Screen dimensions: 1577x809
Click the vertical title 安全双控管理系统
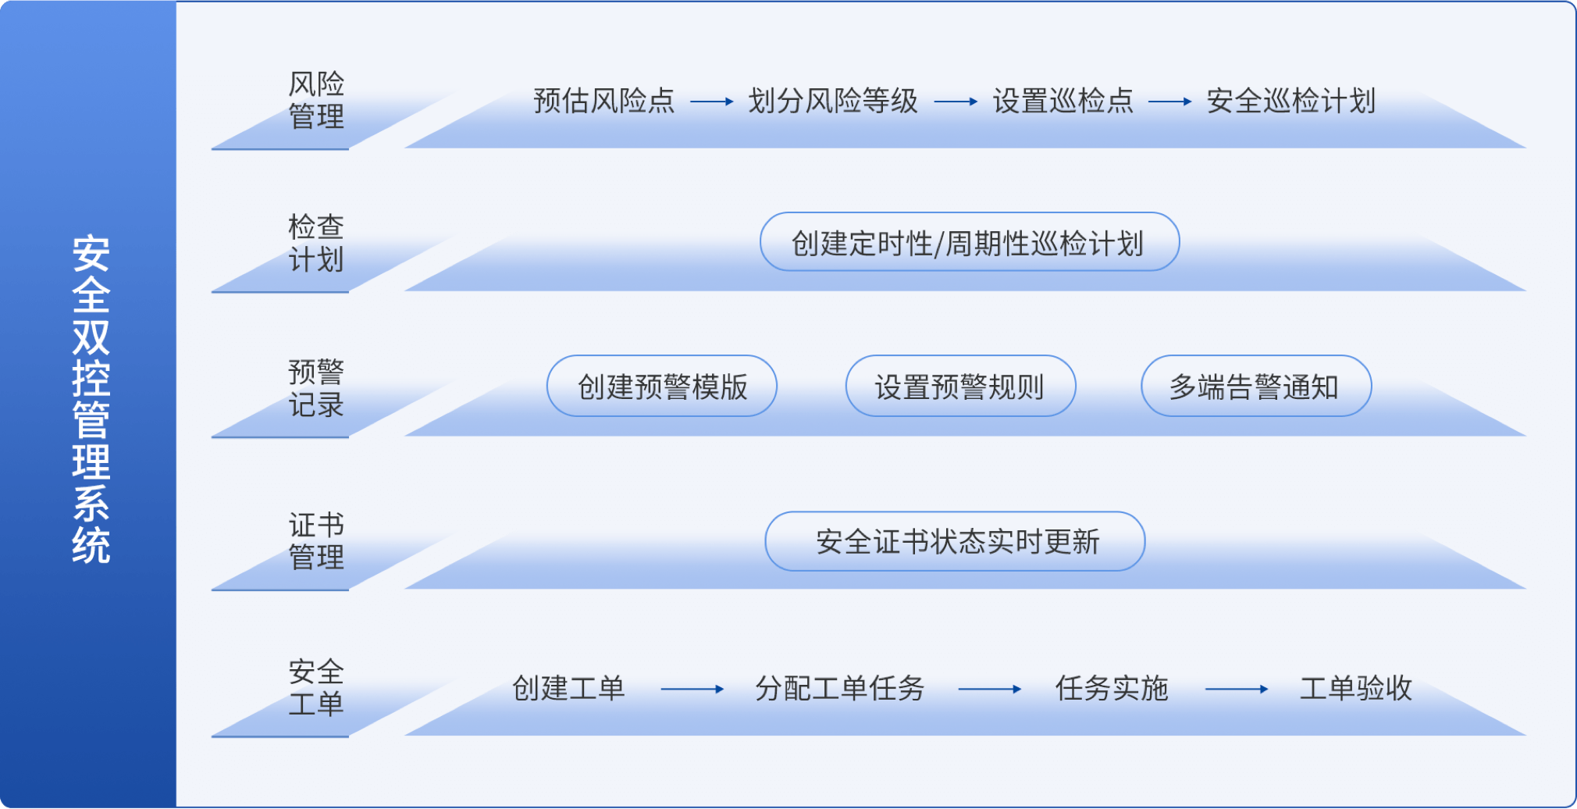point(91,399)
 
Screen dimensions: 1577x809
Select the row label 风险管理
point(316,100)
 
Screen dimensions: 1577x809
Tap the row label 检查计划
point(316,243)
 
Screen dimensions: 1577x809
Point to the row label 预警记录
point(316,388)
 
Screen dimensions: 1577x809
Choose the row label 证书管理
point(316,540)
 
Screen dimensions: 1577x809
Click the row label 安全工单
point(316,687)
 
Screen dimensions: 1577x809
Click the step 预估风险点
point(604,101)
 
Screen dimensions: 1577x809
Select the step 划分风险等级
point(833,101)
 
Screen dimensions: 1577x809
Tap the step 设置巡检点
point(1063,101)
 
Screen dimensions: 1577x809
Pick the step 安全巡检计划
point(1291,101)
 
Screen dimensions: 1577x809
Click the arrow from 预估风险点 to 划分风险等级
point(712,102)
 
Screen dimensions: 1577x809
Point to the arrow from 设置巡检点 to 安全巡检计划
point(1170,102)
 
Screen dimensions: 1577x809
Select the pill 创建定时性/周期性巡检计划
point(970,242)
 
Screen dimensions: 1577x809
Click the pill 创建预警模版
point(662,387)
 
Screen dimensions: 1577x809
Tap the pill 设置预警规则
point(960,387)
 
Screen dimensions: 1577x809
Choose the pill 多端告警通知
point(1256,387)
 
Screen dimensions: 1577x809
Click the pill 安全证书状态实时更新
point(955,541)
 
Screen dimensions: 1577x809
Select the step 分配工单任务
point(840,689)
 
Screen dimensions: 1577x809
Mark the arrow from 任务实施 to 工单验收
point(1237,690)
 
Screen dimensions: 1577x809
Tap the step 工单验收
point(1356,689)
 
